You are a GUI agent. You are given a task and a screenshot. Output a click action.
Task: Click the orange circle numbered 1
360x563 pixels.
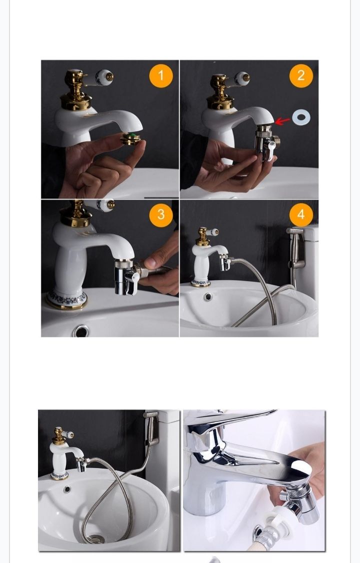pyautogui.click(x=160, y=76)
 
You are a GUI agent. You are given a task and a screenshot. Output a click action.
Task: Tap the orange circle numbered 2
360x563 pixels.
pyautogui.click(x=300, y=76)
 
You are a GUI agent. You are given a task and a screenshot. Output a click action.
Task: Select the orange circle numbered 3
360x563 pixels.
pyautogui.click(x=160, y=214)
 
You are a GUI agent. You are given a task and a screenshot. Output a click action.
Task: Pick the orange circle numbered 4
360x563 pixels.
pyautogui.click(x=300, y=214)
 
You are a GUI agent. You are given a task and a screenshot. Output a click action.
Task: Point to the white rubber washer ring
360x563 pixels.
pyautogui.click(x=301, y=117)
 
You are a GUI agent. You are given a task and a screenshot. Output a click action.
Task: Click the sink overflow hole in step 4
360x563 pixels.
pyautogui.click(x=207, y=296)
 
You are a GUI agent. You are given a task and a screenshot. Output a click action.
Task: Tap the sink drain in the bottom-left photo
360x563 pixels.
pyautogui.click(x=94, y=539)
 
